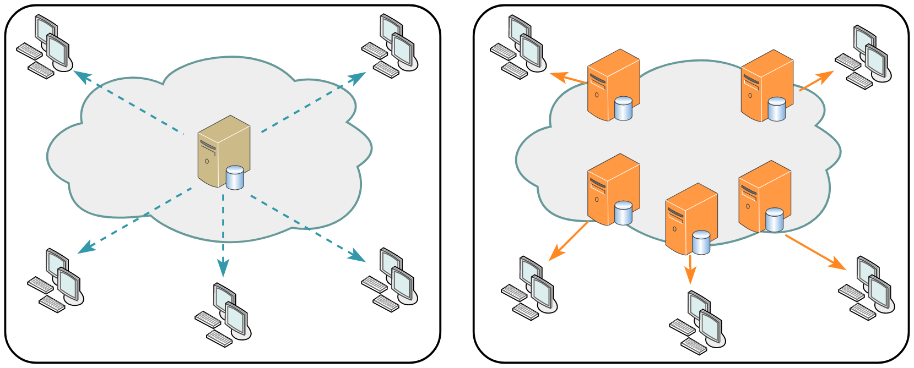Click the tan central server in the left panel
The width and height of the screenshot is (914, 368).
pos(223,151)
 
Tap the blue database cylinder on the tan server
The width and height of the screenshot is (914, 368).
pos(235,178)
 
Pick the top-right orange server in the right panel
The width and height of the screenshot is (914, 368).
pos(766,85)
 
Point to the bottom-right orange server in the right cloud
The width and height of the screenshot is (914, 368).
pos(764,196)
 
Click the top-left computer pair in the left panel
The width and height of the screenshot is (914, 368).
pos(45,47)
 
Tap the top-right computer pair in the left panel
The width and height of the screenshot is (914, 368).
pos(390,47)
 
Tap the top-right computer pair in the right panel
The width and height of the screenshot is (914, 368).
pos(863,58)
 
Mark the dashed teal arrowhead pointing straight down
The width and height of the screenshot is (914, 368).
pos(223,268)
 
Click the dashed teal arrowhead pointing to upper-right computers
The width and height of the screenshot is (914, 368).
pos(359,77)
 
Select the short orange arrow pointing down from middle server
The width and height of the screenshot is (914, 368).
pos(690,270)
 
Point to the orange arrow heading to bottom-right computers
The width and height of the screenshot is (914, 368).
pos(816,252)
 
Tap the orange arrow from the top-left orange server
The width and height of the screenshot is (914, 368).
pos(568,78)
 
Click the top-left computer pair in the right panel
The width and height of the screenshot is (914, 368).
pos(518,47)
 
